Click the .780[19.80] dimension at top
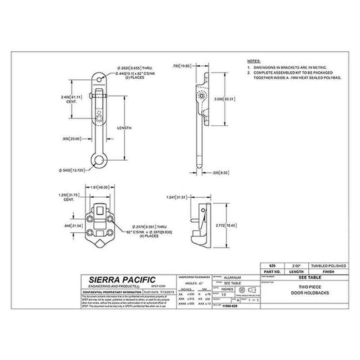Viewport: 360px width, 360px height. pyautogui.click(x=182, y=67)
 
